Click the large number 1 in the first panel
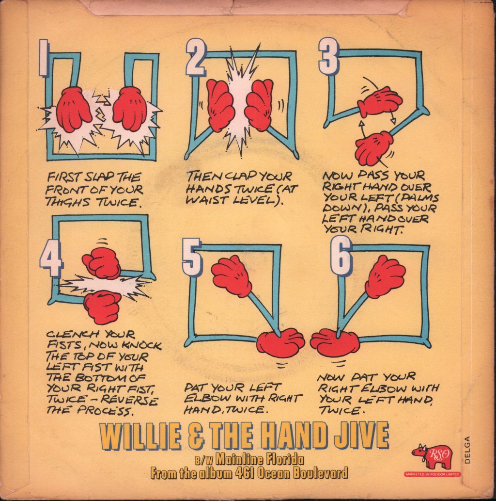[44, 58]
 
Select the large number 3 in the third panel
[328, 57]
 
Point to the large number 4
[51, 260]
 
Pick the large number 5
[192, 258]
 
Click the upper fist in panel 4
[102, 263]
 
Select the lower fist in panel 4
[102, 307]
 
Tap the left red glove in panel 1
[73, 110]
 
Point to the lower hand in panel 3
[373, 148]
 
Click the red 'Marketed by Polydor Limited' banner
[433, 474]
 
